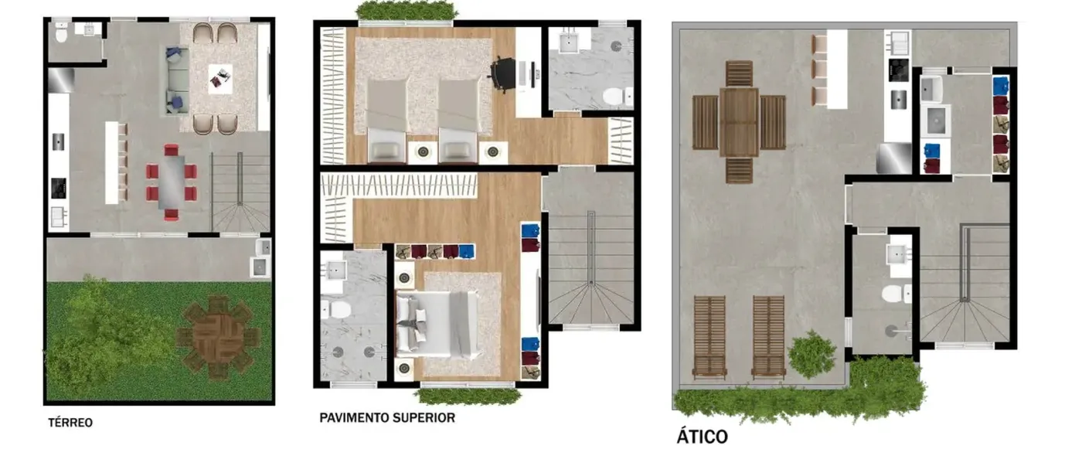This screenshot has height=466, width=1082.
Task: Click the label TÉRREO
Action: (x=70, y=423)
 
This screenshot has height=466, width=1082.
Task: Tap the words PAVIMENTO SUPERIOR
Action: (x=387, y=418)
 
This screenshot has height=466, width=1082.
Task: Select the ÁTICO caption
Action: (x=703, y=437)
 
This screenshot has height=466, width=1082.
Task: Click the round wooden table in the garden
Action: (x=218, y=337)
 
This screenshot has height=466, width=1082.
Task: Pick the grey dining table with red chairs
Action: (x=172, y=182)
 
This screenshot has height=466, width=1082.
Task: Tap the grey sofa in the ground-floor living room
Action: (x=176, y=80)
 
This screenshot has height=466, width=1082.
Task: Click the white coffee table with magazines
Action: (x=220, y=79)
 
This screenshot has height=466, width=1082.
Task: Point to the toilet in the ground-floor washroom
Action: (x=61, y=33)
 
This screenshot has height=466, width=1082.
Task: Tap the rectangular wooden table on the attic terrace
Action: (x=739, y=121)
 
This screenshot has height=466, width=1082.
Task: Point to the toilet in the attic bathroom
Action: (x=897, y=293)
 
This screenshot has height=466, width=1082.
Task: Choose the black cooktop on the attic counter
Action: (x=898, y=70)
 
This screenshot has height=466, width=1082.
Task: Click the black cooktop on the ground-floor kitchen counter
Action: (x=59, y=189)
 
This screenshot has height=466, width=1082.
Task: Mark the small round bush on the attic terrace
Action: (x=812, y=354)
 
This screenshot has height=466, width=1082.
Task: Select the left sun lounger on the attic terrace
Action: (x=709, y=336)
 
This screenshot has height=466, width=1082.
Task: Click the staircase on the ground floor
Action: (x=240, y=192)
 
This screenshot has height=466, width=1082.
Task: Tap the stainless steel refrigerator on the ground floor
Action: (x=61, y=80)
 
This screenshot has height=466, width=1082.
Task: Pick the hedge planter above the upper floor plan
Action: (x=407, y=10)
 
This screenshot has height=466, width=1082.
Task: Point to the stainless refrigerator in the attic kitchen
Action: (x=894, y=158)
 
